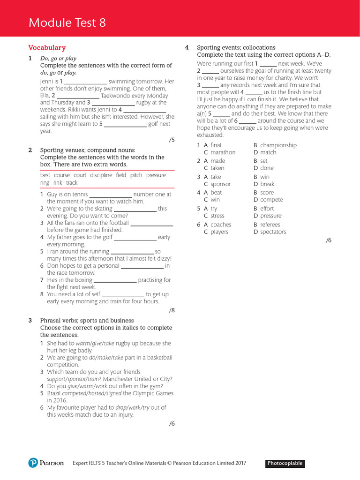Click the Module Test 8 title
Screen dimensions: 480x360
67,22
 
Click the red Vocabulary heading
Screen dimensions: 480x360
47,48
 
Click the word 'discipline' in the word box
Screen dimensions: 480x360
101,175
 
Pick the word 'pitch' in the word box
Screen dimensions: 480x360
136,175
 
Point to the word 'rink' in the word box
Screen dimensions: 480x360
58,183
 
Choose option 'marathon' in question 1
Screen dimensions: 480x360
223,152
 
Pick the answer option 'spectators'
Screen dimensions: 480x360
273,232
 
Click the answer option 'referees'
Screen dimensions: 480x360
270,225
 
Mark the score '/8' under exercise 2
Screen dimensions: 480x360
171,310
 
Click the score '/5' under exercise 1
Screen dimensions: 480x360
171,140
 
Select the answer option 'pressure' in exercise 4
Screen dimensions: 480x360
271,216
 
